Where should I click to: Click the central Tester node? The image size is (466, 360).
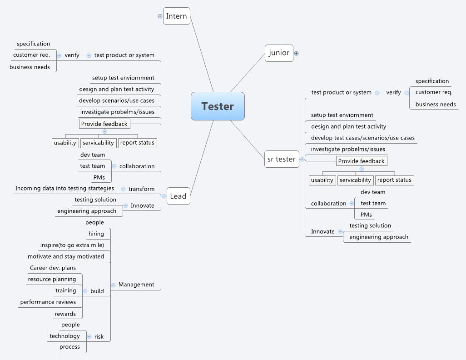point(218,106)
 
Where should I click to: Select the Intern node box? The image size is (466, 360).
point(176,16)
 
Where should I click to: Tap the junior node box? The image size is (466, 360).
point(279,53)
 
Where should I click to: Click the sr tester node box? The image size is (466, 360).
point(282,159)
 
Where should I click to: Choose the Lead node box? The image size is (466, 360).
point(178,196)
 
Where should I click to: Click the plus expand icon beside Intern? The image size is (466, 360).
point(160,16)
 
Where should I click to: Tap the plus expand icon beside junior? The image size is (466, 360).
point(297,53)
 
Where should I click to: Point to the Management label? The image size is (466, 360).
point(136,285)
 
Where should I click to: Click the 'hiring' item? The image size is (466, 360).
point(96,234)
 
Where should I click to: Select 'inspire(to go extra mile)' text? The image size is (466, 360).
point(72,245)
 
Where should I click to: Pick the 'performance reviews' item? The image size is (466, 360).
point(48,302)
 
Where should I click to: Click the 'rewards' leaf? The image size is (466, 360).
point(65,314)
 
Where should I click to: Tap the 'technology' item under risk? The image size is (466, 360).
point(64,336)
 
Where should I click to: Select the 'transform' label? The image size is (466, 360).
point(141,189)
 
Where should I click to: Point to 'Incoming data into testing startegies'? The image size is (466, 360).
point(64,188)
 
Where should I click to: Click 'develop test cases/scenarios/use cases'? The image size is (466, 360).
point(362,138)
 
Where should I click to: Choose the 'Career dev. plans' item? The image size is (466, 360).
point(53,268)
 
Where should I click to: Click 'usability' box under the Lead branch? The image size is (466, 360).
point(65,143)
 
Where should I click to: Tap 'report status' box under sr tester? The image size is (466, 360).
point(394,180)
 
